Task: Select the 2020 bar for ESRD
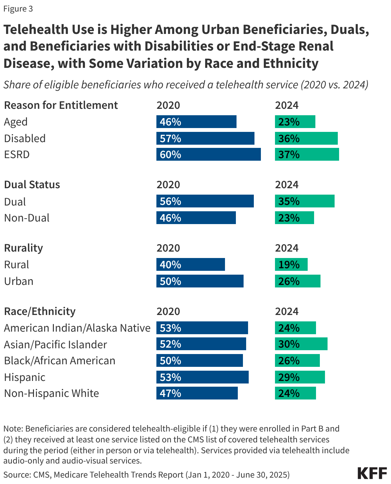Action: (208, 154)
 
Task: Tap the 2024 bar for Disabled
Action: (306, 138)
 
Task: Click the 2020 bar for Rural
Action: (191, 265)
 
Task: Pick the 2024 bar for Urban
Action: (297, 281)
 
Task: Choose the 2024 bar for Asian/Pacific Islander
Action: (301, 344)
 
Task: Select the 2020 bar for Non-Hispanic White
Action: (197, 393)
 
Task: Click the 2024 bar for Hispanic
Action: (300, 377)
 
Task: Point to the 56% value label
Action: (171, 201)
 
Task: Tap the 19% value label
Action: (289, 265)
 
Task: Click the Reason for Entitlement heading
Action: (61, 105)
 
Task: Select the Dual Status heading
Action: (32, 185)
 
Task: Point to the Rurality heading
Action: (23, 248)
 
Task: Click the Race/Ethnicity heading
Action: (40, 311)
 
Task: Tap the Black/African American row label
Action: (60, 361)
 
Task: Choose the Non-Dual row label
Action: (27, 218)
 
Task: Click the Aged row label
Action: (16, 122)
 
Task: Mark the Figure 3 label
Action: (18, 9)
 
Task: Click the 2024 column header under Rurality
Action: (287, 248)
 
